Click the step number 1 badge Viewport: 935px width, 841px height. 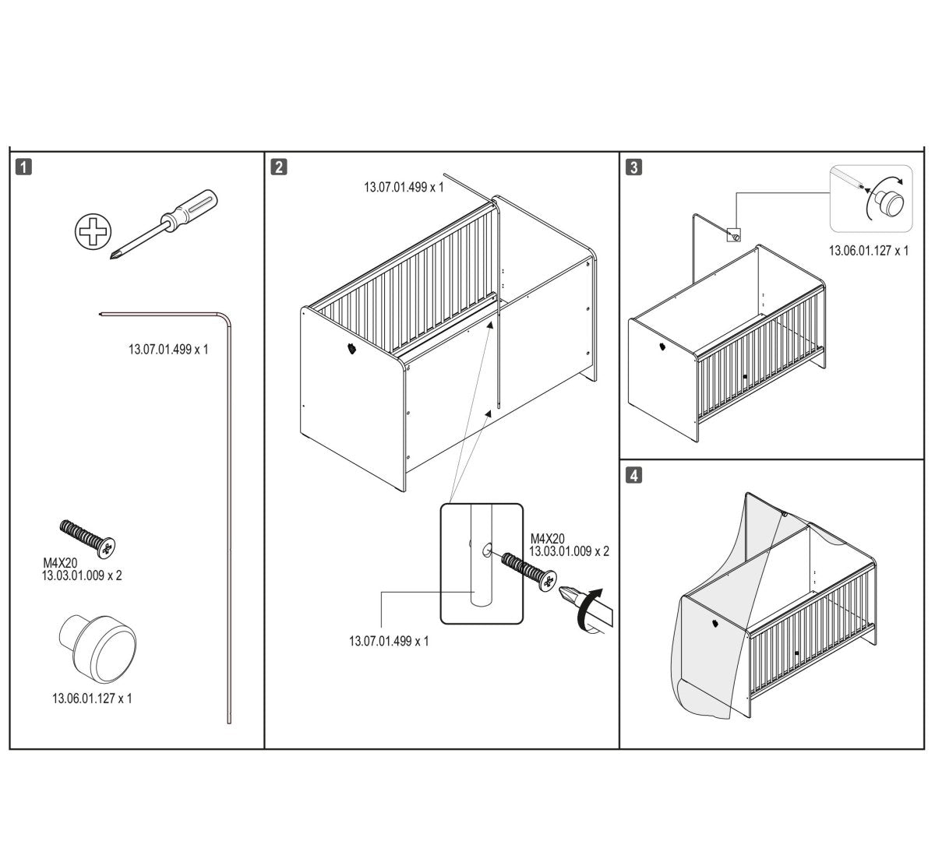[24, 167]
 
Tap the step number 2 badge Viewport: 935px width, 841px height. [279, 167]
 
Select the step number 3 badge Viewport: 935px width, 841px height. [633, 167]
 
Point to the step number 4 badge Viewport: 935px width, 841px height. [633, 475]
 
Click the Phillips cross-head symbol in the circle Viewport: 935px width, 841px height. [93, 231]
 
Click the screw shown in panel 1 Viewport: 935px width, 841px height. [87, 539]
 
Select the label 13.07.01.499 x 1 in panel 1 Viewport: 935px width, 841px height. [168, 350]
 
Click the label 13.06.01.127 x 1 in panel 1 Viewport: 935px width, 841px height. [92, 698]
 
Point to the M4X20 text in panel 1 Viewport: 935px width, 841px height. [60, 563]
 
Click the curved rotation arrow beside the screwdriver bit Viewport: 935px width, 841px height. [588, 611]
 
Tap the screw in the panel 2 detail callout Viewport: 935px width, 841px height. [529, 572]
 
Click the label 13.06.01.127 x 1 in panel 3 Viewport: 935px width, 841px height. [869, 251]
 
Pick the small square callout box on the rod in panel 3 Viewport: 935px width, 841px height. [734, 235]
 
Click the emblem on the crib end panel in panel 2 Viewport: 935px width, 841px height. [352, 348]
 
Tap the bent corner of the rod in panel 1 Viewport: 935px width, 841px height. [226, 318]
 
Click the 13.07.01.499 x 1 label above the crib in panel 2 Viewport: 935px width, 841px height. [404, 188]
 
